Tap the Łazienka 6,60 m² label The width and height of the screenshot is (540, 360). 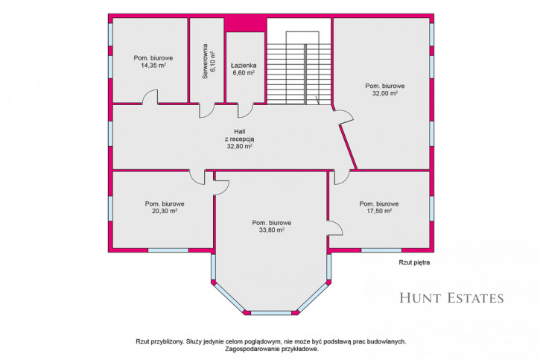coord(244,69)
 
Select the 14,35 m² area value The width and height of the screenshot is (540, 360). coord(153,66)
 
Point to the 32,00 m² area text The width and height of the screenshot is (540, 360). coord(385,93)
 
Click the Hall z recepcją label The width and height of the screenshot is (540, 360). coord(239,139)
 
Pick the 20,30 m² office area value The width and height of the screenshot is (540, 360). coord(165,211)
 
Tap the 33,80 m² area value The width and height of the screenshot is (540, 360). coord(272,230)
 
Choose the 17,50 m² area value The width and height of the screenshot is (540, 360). coord(379,211)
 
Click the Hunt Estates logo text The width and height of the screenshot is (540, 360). coord(451,298)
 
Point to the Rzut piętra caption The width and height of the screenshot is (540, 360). coord(414,262)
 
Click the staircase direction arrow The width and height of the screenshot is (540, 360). coord(317,101)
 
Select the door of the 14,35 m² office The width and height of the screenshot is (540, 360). coord(150,97)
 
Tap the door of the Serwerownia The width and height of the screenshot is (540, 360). coord(207,110)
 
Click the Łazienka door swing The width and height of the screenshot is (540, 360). coord(246,110)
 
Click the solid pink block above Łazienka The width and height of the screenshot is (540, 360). coord(246,24)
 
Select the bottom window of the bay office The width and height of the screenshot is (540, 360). coord(271,313)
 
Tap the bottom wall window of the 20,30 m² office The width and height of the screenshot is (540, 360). coord(168,250)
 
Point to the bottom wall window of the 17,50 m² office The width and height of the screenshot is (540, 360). coord(381,250)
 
